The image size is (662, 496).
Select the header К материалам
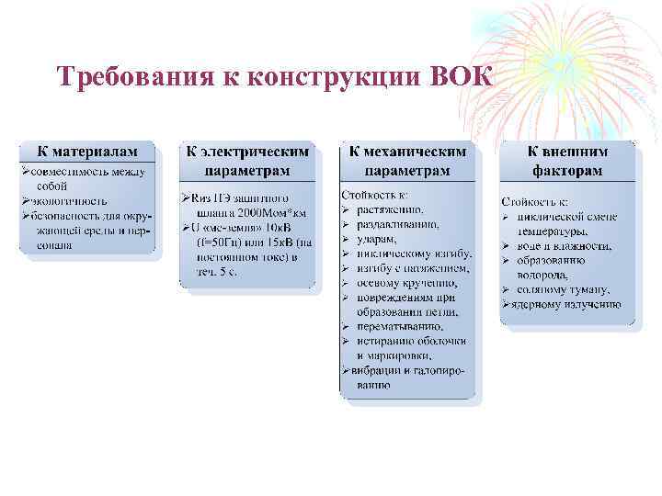pos(87,151)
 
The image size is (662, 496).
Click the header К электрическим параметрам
pos(247,161)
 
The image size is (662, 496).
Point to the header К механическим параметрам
pos(408,161)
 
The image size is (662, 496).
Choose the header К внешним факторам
pos(567,161)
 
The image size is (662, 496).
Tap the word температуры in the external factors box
pos(556,231)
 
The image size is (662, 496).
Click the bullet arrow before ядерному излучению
pos(506,304)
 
